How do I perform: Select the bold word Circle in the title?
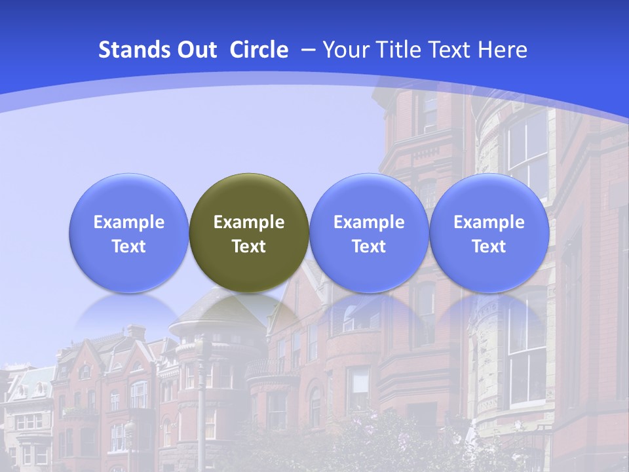[x=259, y=50]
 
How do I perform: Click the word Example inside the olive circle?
[x=249, y=222]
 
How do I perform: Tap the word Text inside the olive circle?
[x=249, y=246]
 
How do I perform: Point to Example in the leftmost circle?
[x=128, y=222]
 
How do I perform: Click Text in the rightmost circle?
[x=489, y=246]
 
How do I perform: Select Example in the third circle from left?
[x=369, y=222]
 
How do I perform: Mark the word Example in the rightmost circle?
[x=489, y=222]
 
